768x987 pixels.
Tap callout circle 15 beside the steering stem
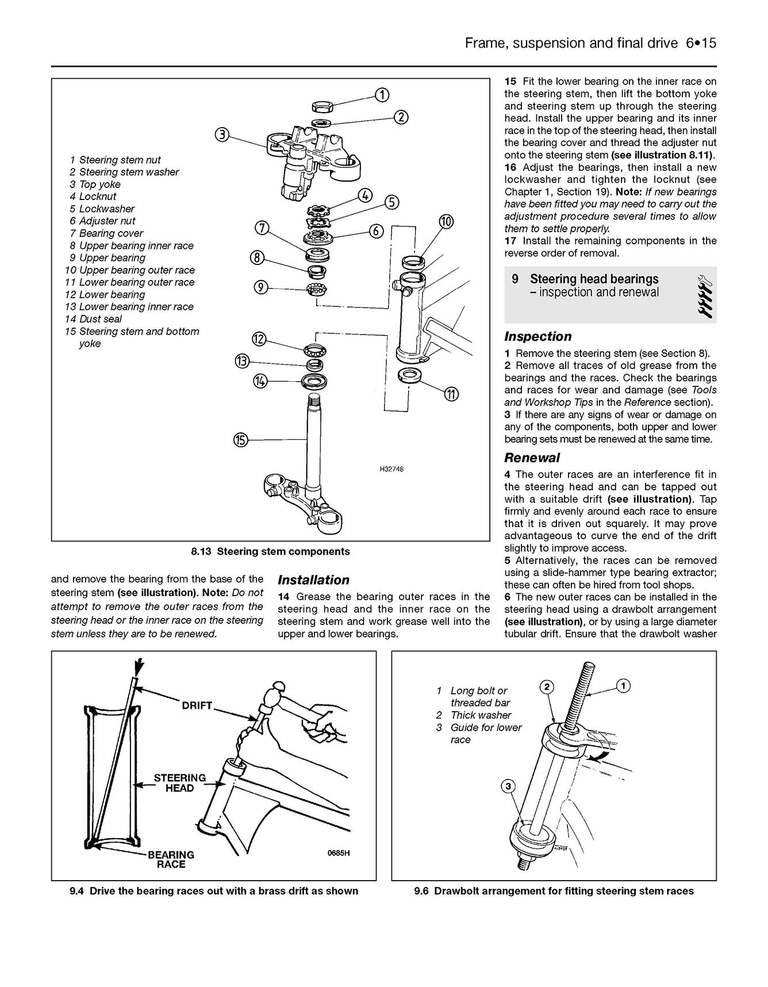point(240,440)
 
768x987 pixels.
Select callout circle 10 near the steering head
point(446,221)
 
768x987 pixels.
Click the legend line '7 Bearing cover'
point(106,233)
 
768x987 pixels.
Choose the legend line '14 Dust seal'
point(94,319)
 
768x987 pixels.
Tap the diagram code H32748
point(391,470)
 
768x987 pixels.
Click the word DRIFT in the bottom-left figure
point(197,705)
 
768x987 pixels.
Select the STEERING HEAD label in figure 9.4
point(179,783)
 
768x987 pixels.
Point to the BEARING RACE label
point(171,859)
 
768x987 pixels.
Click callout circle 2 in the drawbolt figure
point(547,686)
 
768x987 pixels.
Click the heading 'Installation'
point(313,580)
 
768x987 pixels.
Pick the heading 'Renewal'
point(532,458)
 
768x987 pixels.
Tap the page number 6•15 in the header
point(701,43)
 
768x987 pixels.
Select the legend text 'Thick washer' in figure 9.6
point(481,715)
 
